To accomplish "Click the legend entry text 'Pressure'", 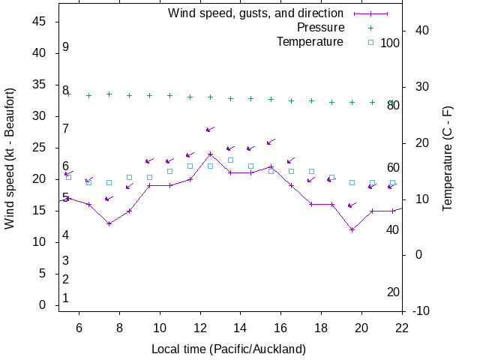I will point(320,28).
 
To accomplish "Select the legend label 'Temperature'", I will point(310,42).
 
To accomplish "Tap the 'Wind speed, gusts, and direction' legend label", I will point(255,13).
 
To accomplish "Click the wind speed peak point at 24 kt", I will point(210,154).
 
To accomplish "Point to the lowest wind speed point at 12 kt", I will point(352,229).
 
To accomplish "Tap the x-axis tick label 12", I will point(199,327).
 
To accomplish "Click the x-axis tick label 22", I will point(402,327).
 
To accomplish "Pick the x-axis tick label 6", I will point(79,327).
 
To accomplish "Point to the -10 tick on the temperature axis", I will point(421,310).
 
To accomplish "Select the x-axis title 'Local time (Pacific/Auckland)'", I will point(229,349).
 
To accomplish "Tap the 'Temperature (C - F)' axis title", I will point(448,158).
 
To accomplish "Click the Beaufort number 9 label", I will point(66,47).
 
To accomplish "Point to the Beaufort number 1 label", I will point(66,298).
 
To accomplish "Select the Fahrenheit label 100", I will point(390,43).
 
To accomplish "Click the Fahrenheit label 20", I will point(393,292).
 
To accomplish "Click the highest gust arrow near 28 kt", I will point(210,130).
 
